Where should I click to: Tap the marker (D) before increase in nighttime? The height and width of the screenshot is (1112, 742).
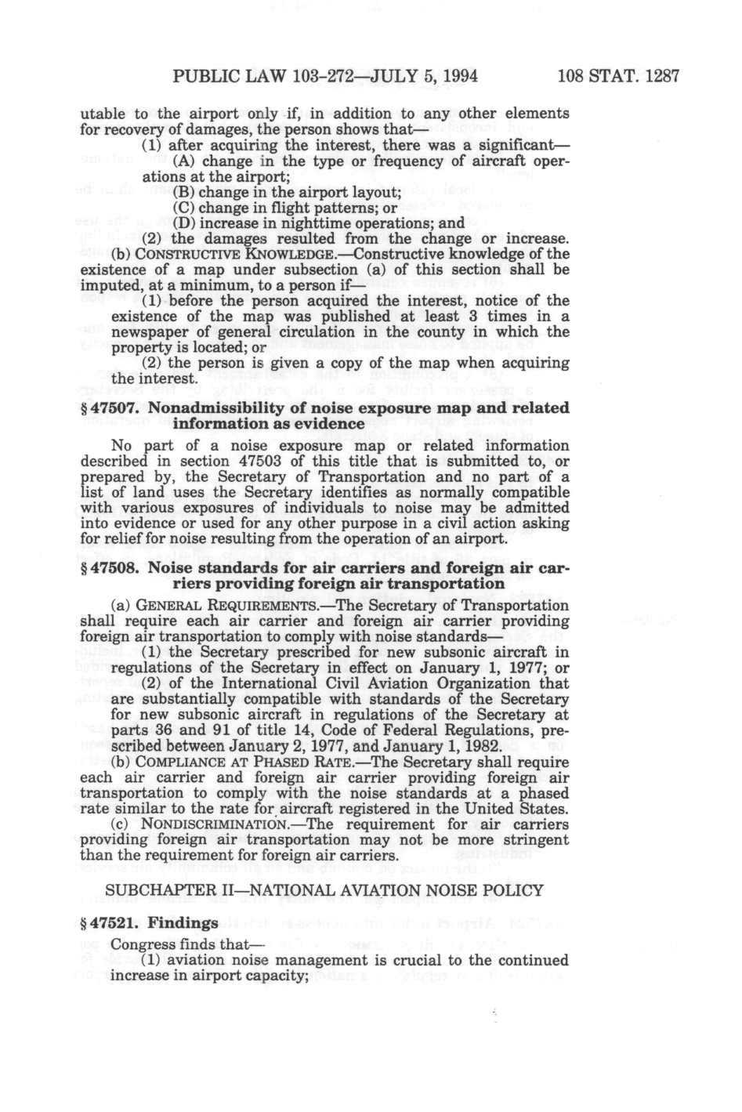pyautogui.click(x=184, y=222)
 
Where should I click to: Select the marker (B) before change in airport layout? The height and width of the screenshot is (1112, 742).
pyautogui.click(x=184, y=191)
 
